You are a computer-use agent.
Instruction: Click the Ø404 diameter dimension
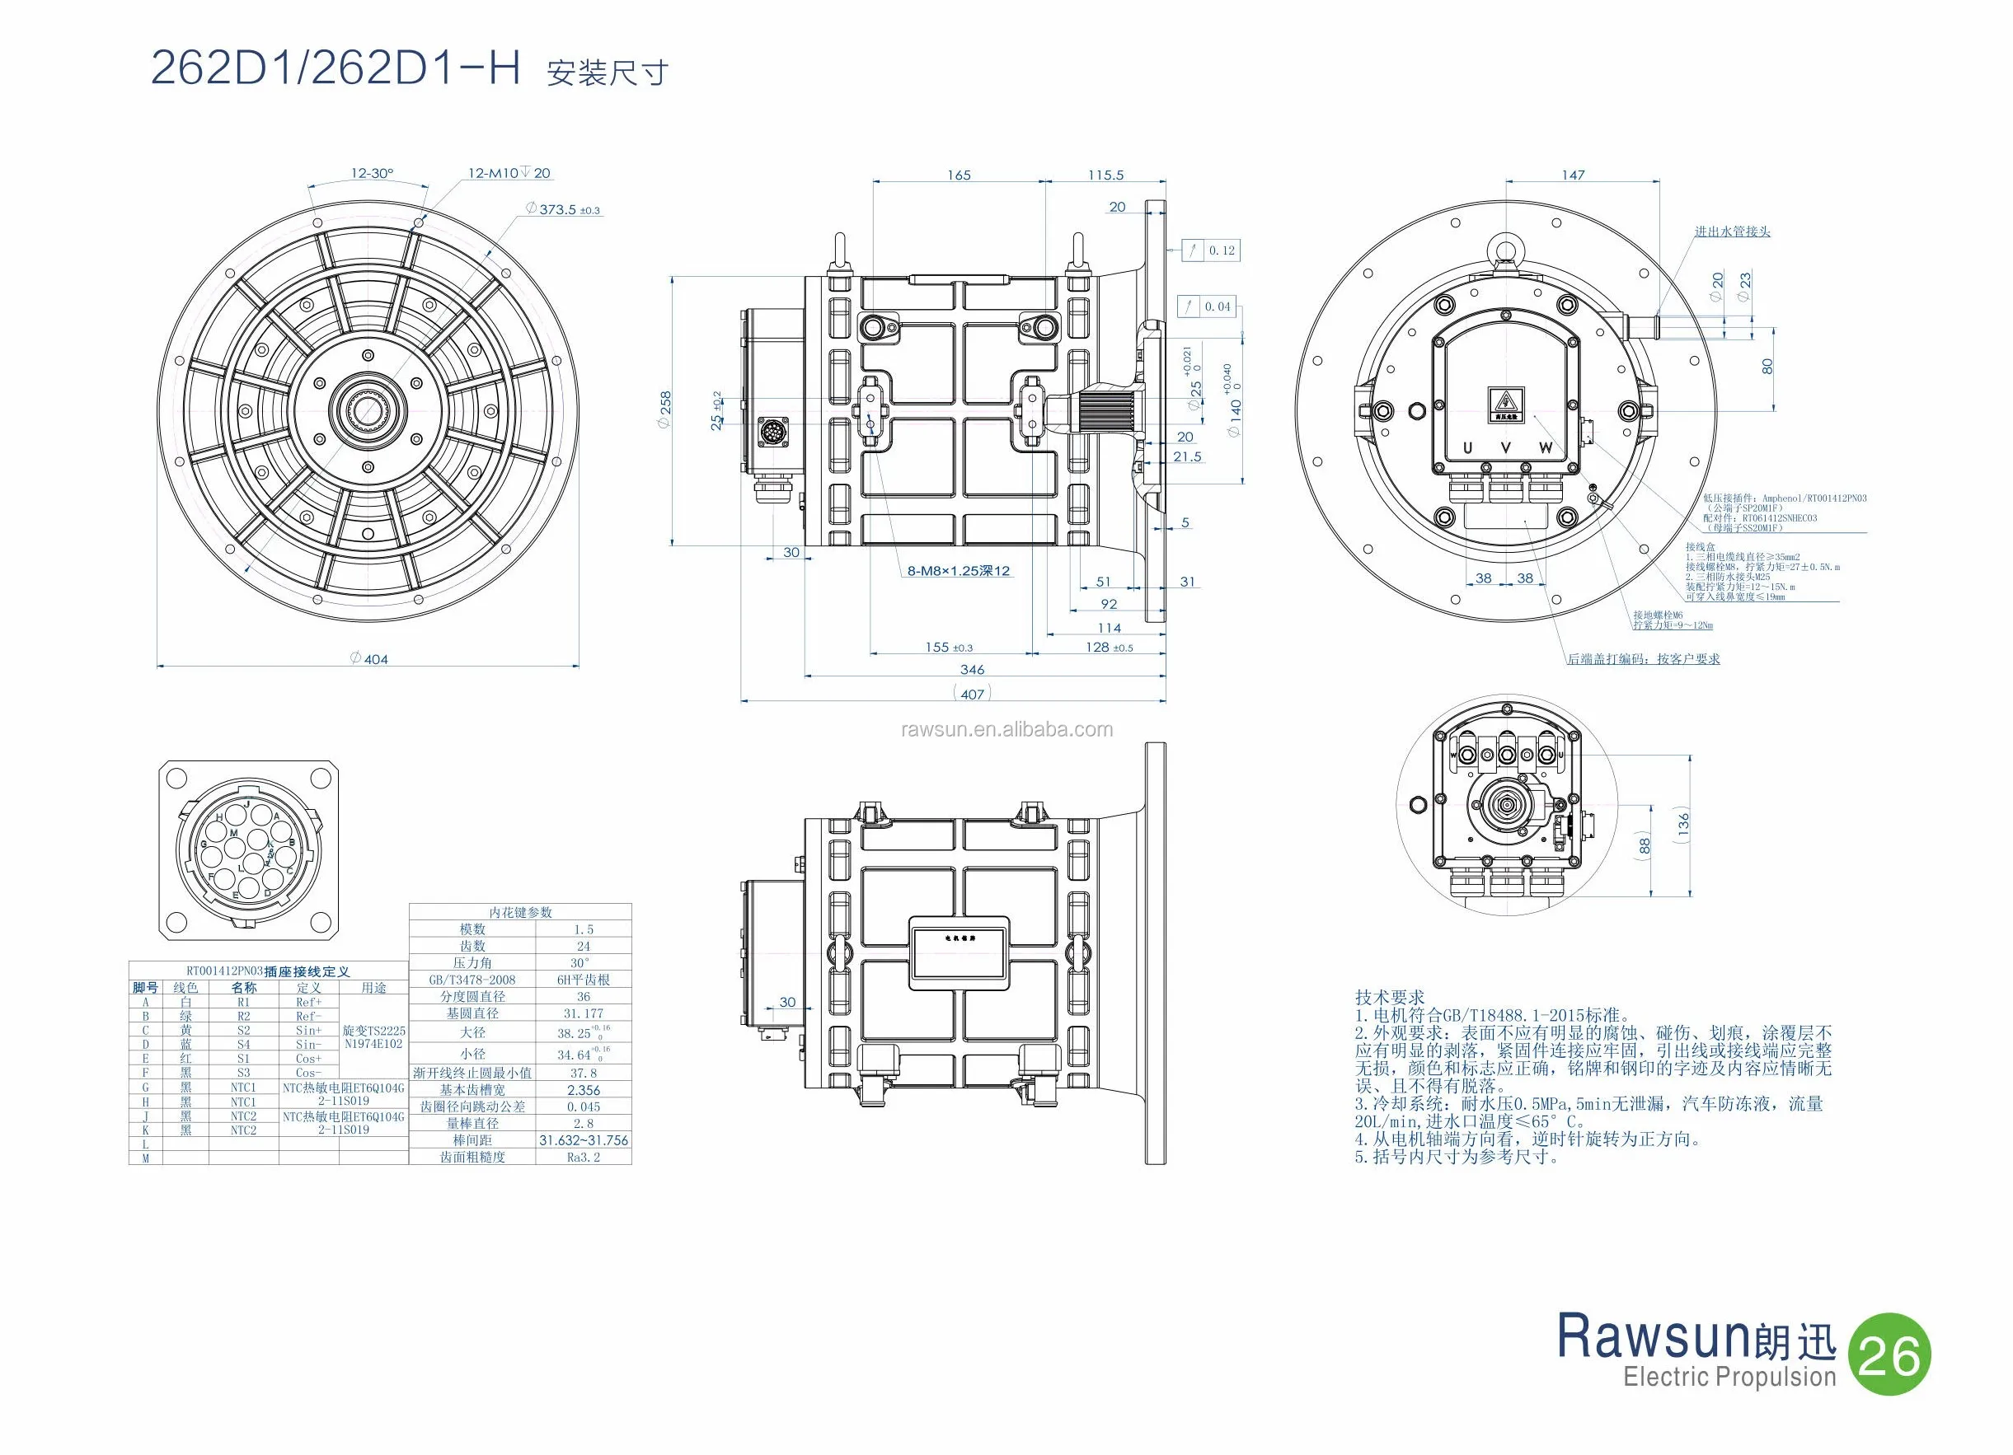tap(369, 659)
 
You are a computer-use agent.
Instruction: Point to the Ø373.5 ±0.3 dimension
tap(564, 210)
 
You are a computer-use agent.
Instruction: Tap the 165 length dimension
tap(959, 175)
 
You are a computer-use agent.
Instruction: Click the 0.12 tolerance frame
tap(1213, 250)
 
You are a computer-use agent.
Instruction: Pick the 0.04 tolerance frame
tap(1208, 307)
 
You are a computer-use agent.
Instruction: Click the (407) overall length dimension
tap(972, 694)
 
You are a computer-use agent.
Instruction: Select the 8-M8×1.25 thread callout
tap(958, 571)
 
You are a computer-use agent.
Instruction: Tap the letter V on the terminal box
tap(1506, 449)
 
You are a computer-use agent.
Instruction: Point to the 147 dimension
tap(1573, 175)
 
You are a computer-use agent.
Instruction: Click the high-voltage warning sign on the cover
tap(1506, 404)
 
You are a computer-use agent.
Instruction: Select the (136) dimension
tap(1684, 824)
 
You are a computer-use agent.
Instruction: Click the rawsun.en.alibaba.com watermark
tap(1006, 729)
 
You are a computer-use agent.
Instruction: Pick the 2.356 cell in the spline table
tap(583, 1090)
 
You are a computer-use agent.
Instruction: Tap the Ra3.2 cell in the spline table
tap(583, 1158)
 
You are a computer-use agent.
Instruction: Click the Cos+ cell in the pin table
tap(309, 1059)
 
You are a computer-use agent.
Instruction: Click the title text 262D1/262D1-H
tap(335, 68)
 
